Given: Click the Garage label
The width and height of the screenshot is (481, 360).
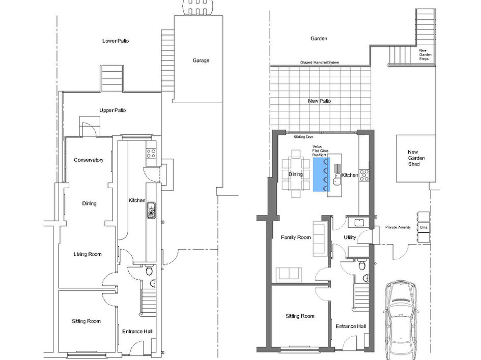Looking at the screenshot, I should click(201, 61).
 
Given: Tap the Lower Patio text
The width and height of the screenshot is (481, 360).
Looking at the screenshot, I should click(116, 41).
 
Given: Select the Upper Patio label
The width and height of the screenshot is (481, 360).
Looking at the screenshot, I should click(112, 110).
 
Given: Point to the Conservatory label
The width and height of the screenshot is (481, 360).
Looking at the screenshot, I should click(89, 160).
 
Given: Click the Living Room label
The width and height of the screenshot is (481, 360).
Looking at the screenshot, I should click(88, 254).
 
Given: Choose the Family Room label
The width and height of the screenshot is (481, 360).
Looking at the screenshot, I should click(296, 237).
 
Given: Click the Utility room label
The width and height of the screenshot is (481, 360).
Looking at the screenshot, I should click(349, 237).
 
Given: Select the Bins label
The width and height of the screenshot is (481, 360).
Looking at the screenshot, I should click(423, 227).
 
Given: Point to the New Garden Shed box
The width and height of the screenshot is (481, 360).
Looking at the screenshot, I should click(415, 158).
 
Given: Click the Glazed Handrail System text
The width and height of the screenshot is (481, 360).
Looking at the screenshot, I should click(320, 63).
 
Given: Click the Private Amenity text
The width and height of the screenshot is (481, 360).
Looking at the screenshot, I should click(398, 227).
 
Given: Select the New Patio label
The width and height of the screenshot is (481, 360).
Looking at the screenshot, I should click(319, 101).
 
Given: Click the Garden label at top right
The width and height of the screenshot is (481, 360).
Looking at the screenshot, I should click(319, 39).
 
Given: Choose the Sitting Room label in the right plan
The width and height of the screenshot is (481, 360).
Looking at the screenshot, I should click(300, 316).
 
